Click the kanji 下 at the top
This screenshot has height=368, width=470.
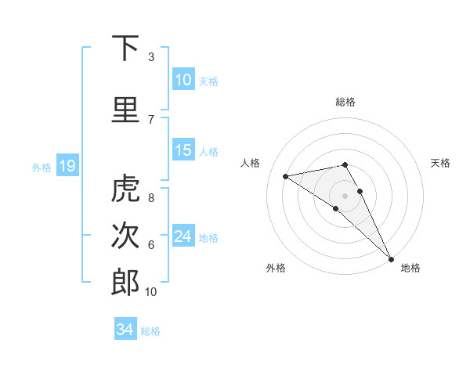(125, 49)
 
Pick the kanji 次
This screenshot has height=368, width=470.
(125, 236)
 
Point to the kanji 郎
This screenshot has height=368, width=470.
(125, 282)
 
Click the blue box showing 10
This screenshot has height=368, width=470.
(183, 80)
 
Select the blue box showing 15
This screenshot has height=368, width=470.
(183, 150)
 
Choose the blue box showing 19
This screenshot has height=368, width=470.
(67, 165)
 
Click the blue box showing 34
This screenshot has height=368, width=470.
(125, 330)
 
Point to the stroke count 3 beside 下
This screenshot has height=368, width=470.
(151, 57)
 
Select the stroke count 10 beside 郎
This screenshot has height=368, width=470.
(151, 291)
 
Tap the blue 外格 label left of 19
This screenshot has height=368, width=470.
(42, 167)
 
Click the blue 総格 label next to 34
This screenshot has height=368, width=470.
(150, 331)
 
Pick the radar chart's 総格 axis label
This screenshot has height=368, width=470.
(345, 102)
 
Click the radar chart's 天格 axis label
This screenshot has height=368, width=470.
(441, 163)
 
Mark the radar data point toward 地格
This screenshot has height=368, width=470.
(390, 258)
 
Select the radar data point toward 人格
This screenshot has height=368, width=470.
(286, 176)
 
